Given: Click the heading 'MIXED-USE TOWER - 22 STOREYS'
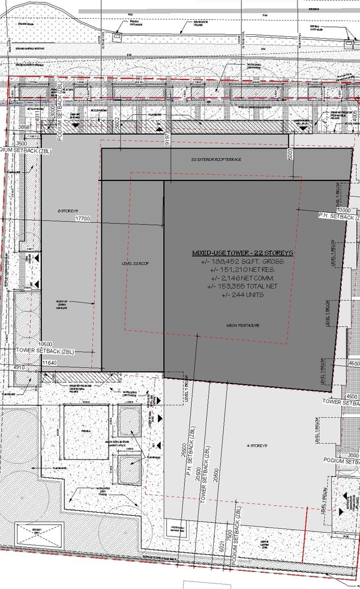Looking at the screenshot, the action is pos(242,254).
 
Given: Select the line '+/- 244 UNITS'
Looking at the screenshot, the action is pos(241,294).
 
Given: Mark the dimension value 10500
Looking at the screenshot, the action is pos(45,344).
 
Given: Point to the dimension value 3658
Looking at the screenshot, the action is pos(24,127).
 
